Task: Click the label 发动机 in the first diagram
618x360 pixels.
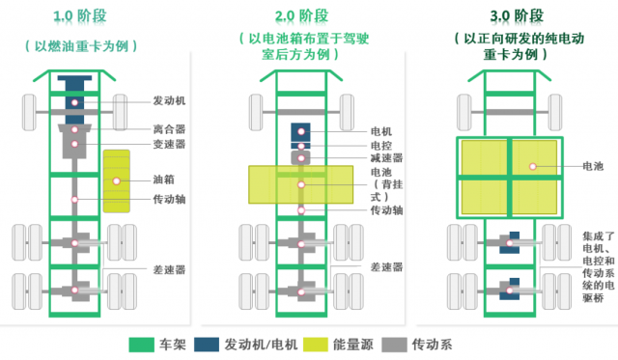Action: [170, 100]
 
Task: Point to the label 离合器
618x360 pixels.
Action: [170, 127]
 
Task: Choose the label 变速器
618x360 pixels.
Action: [170, 145]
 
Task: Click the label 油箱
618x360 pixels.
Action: [164, 180]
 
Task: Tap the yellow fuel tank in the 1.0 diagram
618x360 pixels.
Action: [117, 180]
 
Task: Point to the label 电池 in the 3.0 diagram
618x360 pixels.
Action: [594, 167]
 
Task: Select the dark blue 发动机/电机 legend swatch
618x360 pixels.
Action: [207, 344]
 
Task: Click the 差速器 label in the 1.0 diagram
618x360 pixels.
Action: [170, 270]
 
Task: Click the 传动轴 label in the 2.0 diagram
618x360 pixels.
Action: [385, 209]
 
